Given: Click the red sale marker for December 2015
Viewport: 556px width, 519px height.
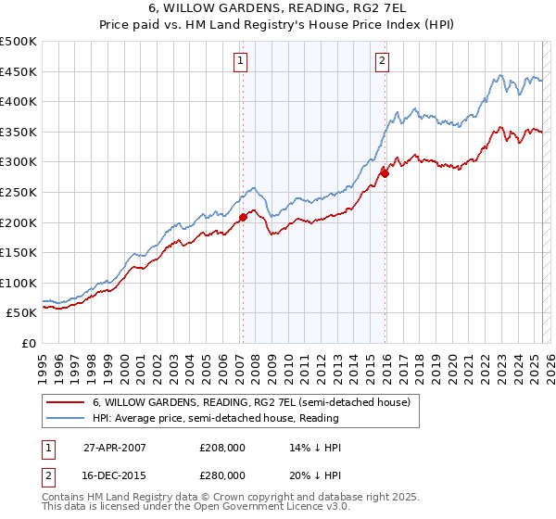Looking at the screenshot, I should pyautogui.click(x=385, y=173).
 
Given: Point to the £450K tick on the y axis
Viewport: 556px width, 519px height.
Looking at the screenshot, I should pyautogui.click(x=19, y=71).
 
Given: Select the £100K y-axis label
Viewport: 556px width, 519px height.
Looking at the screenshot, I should pyautogui.click(x=19, y=283).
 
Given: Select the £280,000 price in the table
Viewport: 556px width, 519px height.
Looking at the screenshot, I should pyautogui.click(x=222, y=475).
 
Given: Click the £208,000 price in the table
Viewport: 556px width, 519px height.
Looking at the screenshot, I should pyautogui.click(x=222, y=447).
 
